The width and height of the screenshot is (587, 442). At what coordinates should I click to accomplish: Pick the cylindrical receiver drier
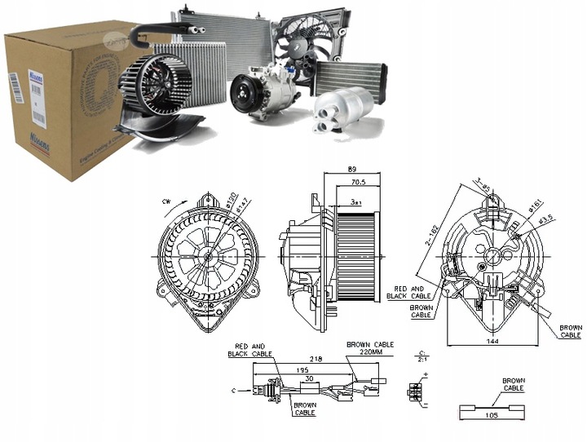point(343,111)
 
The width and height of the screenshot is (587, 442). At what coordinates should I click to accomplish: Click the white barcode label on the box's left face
point(14,88)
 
